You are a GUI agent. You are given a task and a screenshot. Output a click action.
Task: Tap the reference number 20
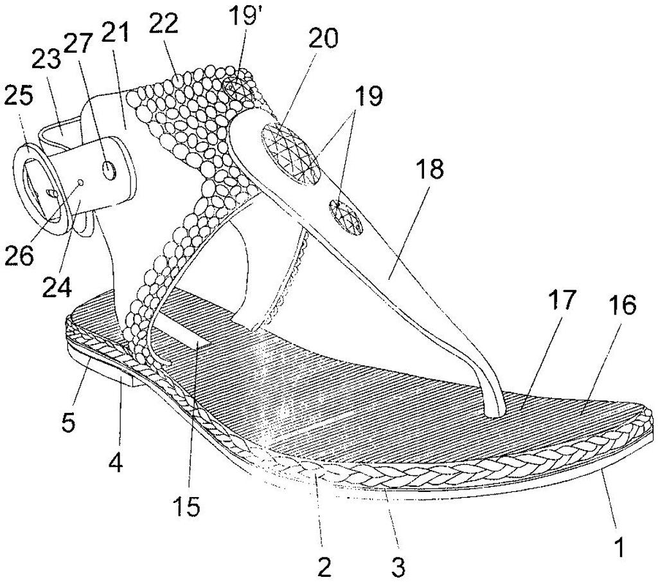tap(323, 39)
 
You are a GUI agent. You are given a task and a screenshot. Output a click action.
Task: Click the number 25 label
tap(18, 96)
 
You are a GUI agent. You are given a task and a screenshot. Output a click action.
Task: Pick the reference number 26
tap(19, 255)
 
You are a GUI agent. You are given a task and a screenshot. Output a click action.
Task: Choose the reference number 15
tap(187, 507)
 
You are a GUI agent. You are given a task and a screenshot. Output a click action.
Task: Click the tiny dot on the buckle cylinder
tap(81, 183)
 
